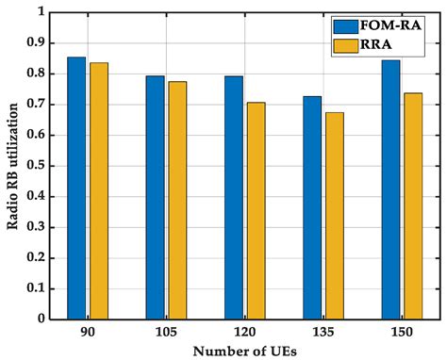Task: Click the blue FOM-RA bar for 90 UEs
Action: pos(76,188)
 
